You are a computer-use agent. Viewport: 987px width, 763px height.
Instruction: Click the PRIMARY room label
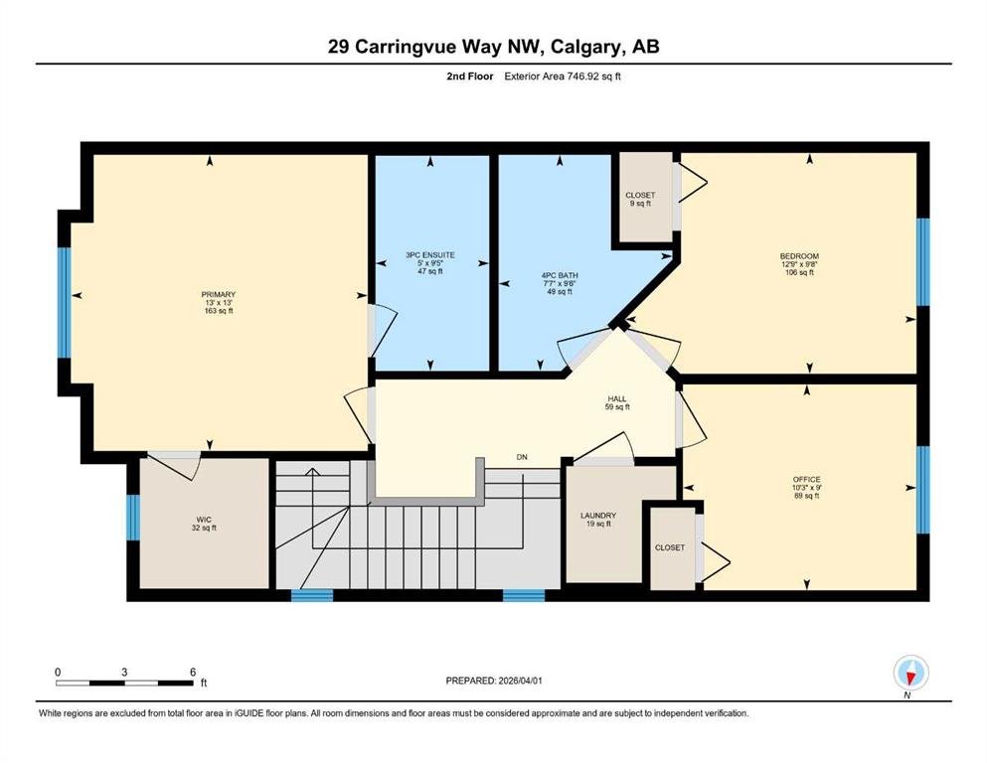click(219, 294)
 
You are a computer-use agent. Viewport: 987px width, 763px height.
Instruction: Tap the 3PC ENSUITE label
click(430, 254)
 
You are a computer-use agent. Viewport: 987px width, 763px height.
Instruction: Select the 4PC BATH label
click(560, 275)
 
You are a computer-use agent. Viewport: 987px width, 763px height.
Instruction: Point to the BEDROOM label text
click(799, 256)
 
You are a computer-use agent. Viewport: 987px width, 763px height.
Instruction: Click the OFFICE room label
click(806, 479)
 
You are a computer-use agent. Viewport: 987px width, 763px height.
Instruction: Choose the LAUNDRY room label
click(598, 516)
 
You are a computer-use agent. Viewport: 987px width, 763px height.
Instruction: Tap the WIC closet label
click(204, 520)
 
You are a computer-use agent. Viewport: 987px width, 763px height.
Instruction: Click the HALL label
click(617, 398)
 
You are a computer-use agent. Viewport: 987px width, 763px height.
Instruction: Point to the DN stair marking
click(522, 457)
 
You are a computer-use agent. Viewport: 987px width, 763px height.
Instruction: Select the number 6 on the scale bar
click(193, 672)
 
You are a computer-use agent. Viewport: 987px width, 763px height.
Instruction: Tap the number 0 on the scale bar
click(58, 672)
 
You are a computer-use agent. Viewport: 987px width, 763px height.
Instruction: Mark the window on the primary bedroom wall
click(64, 303)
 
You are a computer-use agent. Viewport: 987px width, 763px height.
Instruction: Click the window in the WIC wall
click(133, 517)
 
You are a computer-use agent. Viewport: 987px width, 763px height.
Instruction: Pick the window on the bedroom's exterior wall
click(922, 261)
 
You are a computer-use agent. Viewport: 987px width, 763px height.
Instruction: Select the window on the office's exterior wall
click(922, 490)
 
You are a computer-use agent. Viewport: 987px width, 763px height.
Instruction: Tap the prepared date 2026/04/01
click(520, 681)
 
